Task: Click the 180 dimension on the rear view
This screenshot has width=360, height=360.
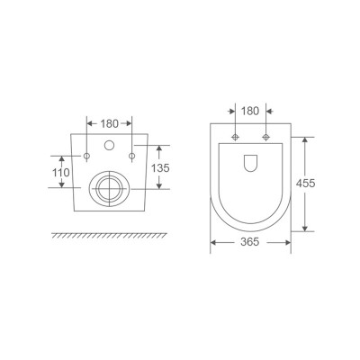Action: coord(109,121)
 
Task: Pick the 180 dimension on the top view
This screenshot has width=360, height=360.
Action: coord(250,112)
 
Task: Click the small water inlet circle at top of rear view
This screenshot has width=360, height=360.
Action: coord(109,145)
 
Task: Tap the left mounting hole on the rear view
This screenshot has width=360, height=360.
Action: coord(87,157)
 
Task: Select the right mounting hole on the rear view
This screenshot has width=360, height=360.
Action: coord(131,157)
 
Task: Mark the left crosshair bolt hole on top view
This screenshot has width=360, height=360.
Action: coord(236,137)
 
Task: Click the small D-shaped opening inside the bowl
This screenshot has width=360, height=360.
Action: coord(250,162)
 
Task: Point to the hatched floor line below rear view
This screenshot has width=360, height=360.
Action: coord(109,235)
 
